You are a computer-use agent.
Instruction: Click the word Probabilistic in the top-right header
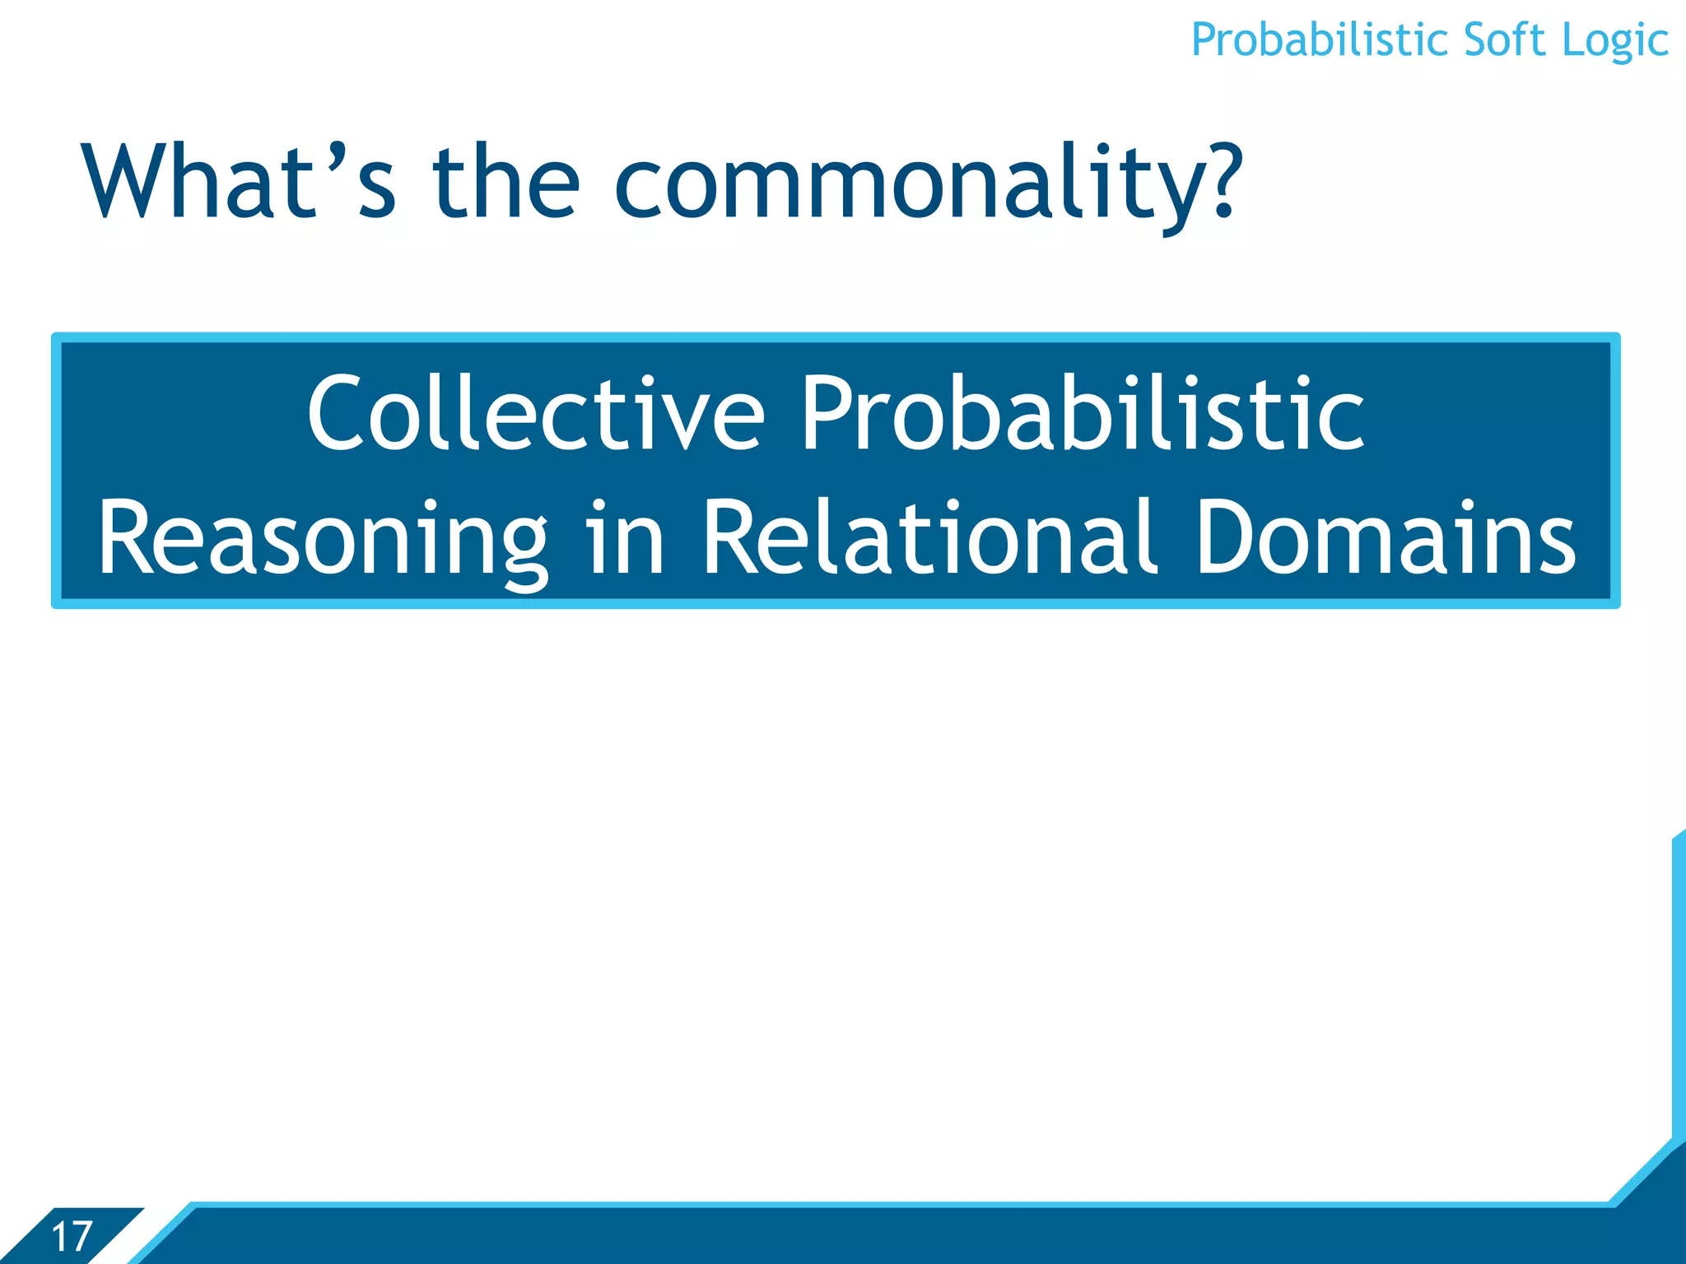pos(1320,41)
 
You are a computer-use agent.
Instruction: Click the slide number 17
pos(72,1237)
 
